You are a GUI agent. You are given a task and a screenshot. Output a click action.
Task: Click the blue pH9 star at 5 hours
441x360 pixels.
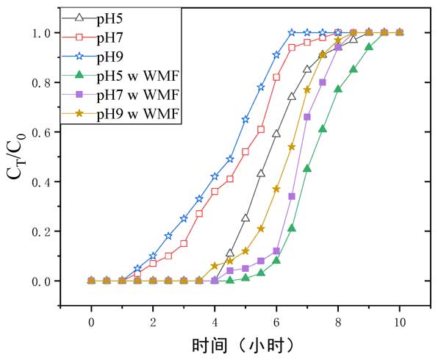[245, 119]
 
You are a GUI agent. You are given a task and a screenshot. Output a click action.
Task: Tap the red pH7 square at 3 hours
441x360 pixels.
[184, 243]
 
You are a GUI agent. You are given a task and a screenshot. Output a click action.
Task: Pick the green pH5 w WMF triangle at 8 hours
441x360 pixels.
[338, 89]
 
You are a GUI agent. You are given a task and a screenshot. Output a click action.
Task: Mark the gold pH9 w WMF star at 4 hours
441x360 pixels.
[215, 266]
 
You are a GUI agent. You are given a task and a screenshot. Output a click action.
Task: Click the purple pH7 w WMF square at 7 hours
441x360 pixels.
[307, 117]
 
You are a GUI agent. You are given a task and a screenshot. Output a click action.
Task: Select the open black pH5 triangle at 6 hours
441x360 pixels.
[276, 134]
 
